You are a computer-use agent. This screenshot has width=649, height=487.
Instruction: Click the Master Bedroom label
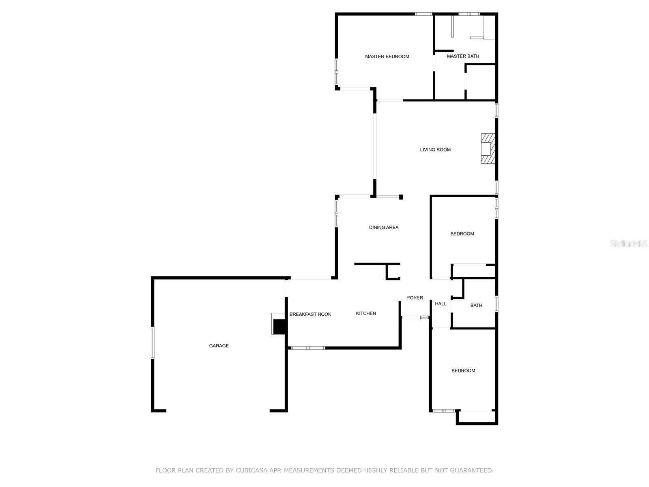[x=387, y=56]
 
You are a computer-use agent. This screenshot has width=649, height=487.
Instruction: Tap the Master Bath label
[x=463, y=56]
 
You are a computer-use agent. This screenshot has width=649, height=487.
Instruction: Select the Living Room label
[x=435, y=150]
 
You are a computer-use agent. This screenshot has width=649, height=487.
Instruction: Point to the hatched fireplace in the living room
[x=488, y=149]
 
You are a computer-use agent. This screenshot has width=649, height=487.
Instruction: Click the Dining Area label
[x=384, y=227]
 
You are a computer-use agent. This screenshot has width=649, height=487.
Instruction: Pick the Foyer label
[x=415, y=297]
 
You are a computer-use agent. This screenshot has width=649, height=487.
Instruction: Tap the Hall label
[x=441, y=304]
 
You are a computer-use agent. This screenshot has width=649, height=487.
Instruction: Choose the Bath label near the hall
[x=476, y=305]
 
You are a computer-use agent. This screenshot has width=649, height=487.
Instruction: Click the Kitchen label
[x=366, y=313]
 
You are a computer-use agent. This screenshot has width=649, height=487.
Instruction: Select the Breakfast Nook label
[x=310, y=314]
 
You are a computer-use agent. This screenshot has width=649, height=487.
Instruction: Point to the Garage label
[x=219, y=346]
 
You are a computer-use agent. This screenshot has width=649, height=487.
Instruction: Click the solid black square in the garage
[x=279, y=326]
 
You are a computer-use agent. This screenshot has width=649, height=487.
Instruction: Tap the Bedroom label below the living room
[x=462, y=234]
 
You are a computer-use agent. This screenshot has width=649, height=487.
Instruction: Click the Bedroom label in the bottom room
[x=463, y=371]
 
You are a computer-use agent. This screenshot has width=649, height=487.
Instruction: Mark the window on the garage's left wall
[x=153, y=343]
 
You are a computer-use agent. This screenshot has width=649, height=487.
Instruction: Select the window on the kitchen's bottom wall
[x=308, y=348]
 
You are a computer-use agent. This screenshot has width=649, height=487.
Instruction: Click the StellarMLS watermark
[x=629, y=244]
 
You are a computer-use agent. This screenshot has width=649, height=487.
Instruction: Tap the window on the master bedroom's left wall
[x=336, y=72]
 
